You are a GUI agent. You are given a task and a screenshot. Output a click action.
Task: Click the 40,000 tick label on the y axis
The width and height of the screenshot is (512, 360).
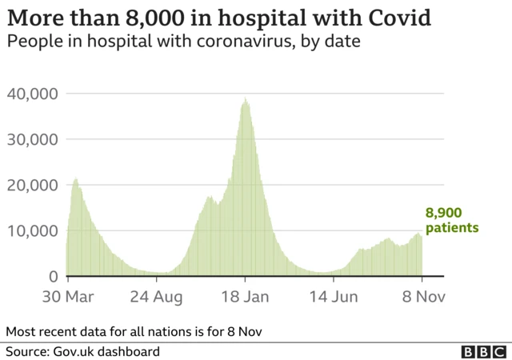pos(32,94)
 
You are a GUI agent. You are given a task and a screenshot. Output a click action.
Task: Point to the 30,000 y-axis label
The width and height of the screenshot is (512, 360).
pos(32,139)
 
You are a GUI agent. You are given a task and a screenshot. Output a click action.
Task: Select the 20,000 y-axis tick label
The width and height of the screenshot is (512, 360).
pos(32,185)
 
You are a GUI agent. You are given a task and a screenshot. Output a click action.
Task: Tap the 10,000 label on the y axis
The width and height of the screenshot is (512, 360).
pos(32,231)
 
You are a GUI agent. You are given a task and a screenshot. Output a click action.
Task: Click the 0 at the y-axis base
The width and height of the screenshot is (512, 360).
pos(53,277)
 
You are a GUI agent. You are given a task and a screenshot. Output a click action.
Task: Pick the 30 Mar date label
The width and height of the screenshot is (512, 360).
pos(67,298)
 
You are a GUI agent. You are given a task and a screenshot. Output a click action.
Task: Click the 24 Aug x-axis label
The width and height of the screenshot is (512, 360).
pos(156,298)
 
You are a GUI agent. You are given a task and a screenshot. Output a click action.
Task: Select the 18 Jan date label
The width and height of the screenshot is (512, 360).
pos(245,298)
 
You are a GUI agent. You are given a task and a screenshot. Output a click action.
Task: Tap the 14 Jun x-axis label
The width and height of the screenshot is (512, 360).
pos(334,298)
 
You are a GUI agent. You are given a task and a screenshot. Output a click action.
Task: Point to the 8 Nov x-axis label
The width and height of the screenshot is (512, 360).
pos(421,298)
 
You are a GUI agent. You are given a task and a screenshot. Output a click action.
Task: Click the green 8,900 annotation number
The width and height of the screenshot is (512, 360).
pos(445,214)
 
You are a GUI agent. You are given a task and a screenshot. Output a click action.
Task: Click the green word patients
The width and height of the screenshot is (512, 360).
pos(451,228)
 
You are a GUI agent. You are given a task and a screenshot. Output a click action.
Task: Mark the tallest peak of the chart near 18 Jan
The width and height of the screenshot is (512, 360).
pos(246,99)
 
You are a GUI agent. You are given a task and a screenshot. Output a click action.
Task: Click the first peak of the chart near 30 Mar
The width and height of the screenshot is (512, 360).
pos(75,179)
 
